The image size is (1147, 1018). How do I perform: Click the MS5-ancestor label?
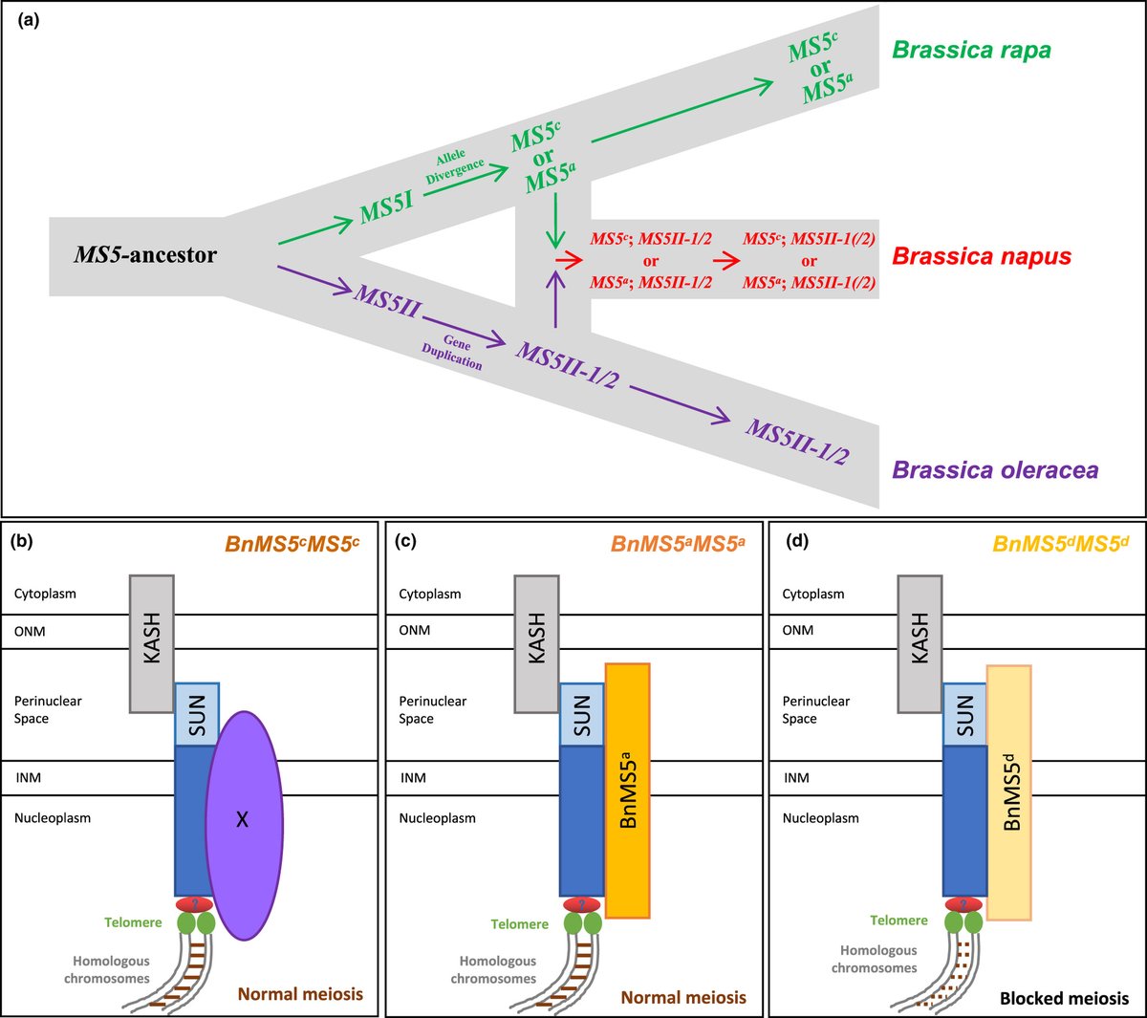pyautogui.click(x=145, y=254)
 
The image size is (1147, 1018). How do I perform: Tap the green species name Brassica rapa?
pyautogui.click(x=971, y=50)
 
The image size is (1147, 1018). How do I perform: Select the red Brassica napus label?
pyautogui.click(x=981, y=256)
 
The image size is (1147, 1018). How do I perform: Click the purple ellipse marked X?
pyautogui.click(x=243, y=818)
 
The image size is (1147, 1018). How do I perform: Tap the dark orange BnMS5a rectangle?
pyautogui.click(x=628, y=790)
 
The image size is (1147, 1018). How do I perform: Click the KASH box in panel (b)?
pyautogui.click(x=151, y=643)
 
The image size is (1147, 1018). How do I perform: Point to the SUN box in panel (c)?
pyautogui.click(x=581, y=715)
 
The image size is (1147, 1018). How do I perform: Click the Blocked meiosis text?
pyautogui.click(x=1064, y=998)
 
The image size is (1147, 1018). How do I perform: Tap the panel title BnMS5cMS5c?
pyautogui.click(x=292, y=545)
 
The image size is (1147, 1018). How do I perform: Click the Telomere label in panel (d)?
pyautogui.click(x=898, y=921)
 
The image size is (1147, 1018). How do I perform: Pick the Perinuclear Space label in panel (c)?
pyautogui.click(x=433, y=709)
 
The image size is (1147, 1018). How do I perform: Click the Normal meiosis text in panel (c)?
pyautogui.click(x=683, y=997)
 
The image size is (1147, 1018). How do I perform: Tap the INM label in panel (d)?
pyautogui.click(x=795, y=778)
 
